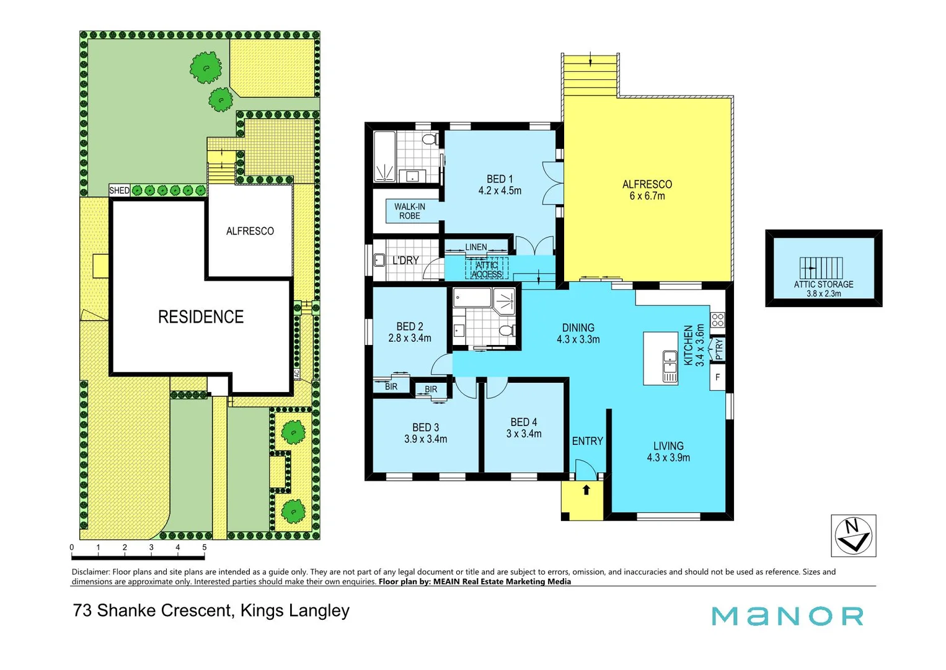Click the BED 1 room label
[x=500, y=179]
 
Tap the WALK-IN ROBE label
[x=410, y=212]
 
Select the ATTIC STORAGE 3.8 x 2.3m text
[x=823, y=288]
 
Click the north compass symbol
[x=853, y=535]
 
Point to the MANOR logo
[x=787, y=616]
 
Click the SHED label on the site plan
[x=119, y=190]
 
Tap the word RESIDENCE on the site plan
[x=201, y=317]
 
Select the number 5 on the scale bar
[x=204, y=547]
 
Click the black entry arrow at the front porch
[x=586, y=490]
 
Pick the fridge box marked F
[x=717, y=377]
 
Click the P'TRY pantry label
[x=718, y=349]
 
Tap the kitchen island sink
[x=670, y=357]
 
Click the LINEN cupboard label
[x=476, y=247]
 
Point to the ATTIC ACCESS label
[x=487, y=270]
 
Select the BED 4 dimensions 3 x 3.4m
[x=524, y=434]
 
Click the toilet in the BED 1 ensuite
[x=429, y=138]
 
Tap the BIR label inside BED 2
[x=391, y=386]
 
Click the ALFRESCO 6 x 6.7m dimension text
[x=647, y=196]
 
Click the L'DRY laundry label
[x=405, y=261]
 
